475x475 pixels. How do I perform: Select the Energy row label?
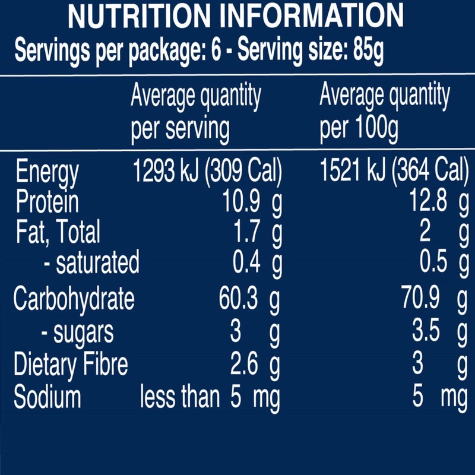point(47,173)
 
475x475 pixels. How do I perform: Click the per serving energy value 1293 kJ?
point(167,172)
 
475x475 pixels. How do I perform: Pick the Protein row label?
point(47,202)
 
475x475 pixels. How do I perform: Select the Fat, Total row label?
point(58,232)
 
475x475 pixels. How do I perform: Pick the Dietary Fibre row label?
point(71,364)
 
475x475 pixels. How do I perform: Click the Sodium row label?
point(47,397)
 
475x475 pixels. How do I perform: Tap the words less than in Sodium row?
point(180,397)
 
